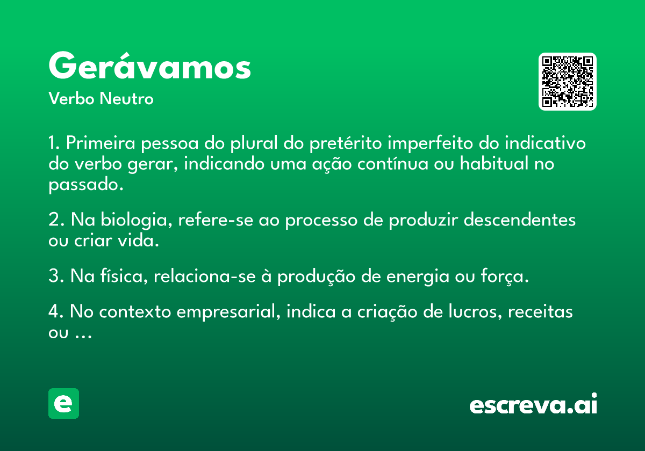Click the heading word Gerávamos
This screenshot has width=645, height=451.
point(150,66)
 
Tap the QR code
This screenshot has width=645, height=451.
point(567,82)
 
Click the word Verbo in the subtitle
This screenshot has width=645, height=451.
point(71,99)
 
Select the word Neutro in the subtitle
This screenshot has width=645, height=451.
point(126,99)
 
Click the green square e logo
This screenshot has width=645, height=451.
point(63,403)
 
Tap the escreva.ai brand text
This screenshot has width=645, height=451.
point(533,404)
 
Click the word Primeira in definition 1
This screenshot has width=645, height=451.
point(101,143)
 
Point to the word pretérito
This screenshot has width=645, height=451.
point(346,143)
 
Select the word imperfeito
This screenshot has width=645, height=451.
point(430,143)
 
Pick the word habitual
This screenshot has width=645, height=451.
point(494,163)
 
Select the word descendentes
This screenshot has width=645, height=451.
point(519,220)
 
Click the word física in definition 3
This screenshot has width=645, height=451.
point(124,276)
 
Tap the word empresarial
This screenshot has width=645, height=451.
point(228,312)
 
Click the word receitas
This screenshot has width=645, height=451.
point(540,312)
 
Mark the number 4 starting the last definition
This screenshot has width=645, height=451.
point(54,311)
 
